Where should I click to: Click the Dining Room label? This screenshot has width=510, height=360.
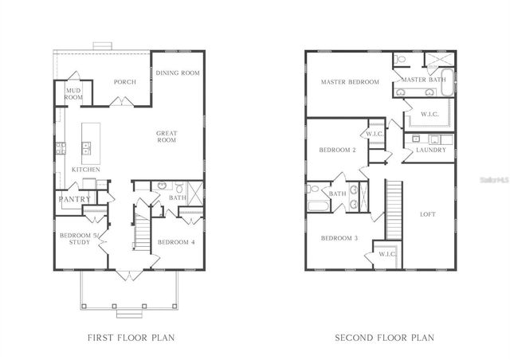(x=177, y=73)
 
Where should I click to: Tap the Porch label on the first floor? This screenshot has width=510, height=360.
(x=125, y=81)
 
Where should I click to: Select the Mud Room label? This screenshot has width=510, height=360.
(x=73, y=94)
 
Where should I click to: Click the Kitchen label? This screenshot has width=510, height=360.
(x=86, y=170)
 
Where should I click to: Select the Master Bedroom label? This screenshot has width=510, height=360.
(x=350, y=82)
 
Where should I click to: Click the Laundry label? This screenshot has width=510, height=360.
(x=430, y=150)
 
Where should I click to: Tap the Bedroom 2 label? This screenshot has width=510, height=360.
(x=337, y=150)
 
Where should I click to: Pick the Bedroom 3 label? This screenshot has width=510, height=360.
(x=339, y=238)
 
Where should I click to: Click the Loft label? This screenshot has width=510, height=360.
(x=428, y=214)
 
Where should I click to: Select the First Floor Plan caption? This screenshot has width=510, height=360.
(x=131, y=338)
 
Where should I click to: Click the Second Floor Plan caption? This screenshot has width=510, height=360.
(x=383, y=338)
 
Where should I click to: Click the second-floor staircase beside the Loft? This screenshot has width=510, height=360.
(x=393, y=209)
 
